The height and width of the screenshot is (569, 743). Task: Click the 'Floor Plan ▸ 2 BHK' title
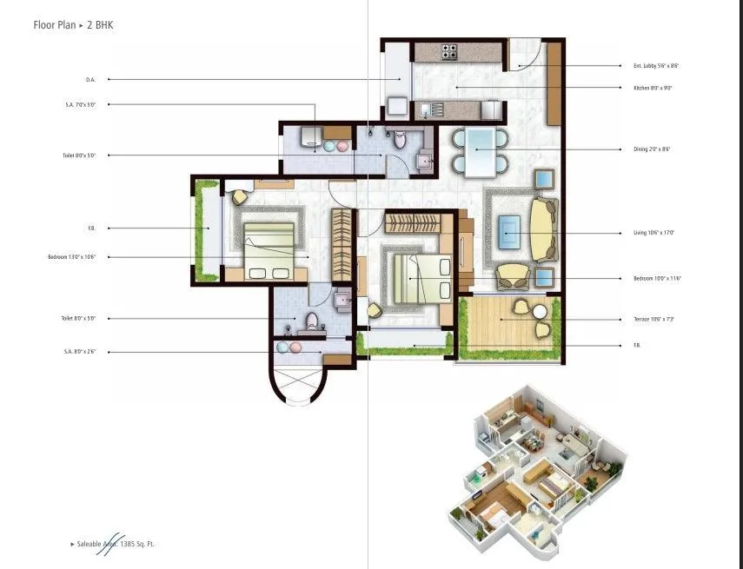point(73,25)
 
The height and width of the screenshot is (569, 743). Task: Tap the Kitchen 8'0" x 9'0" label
point(653,88)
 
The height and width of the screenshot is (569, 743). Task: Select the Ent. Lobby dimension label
point(653,65)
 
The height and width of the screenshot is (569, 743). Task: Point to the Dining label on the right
point(652,149)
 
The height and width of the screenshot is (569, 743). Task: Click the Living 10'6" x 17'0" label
point(653,233)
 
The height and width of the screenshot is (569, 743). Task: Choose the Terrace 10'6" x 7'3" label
point(654,319)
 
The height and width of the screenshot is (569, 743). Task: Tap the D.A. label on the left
point(90,79)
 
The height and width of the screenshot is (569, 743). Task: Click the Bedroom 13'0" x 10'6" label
point(71,257)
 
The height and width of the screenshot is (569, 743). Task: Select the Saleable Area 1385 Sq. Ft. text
point(116,544)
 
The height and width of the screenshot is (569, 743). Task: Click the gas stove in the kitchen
point(449,52)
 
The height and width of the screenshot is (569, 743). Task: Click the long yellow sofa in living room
point(542,230)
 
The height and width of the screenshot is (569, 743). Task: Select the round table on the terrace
point(540,311)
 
